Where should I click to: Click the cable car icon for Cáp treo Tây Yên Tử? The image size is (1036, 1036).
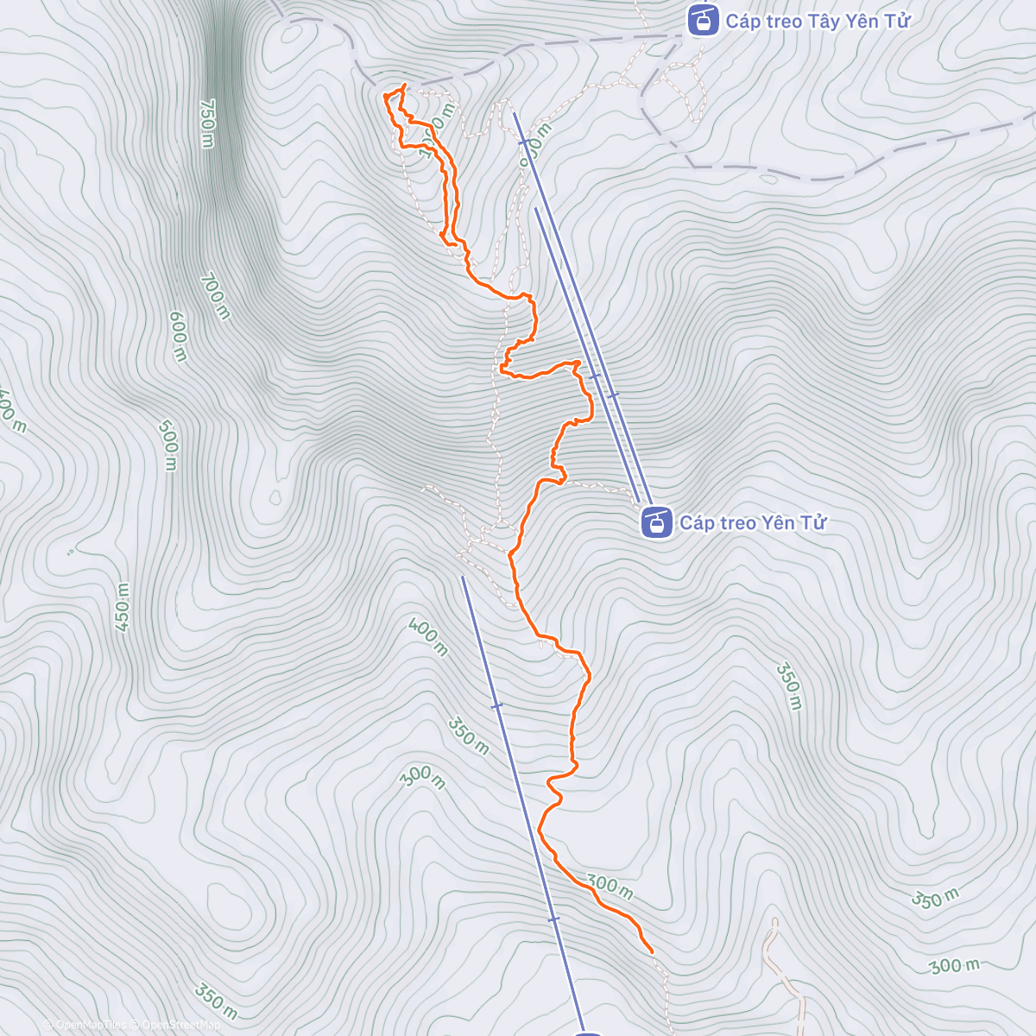tap(703, 20)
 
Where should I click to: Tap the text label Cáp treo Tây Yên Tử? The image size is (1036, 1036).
tap(818, 22)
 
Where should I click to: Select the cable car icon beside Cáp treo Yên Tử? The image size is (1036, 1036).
tap(657, 522)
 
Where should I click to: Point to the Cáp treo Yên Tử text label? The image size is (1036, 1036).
tap(753, 522)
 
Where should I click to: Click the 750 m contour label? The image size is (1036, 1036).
tap(206, 123)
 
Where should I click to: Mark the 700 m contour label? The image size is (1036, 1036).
tap(215, 296)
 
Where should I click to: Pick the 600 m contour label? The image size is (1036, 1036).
tap(177, 337)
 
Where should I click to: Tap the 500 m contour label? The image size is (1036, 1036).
tap(168, 445)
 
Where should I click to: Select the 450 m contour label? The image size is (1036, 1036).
tap(122, 609)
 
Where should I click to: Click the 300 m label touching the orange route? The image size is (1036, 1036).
tap(610, 886)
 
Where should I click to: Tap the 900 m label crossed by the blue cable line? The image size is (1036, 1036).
tap(534, 140)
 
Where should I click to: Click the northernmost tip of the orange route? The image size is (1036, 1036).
tap(404, 85)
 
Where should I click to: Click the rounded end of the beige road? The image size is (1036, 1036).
tap(774, 922)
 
